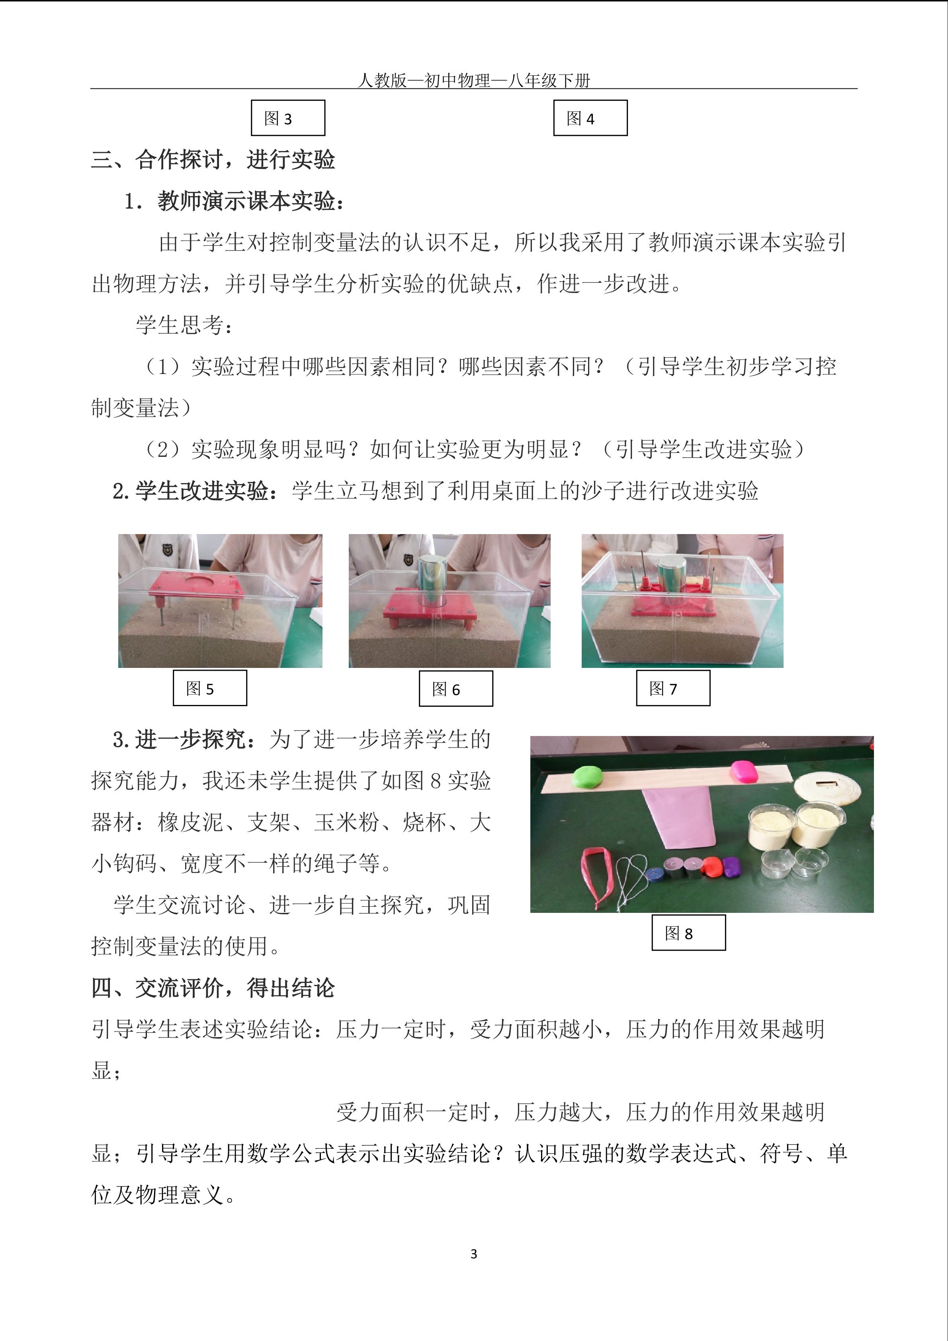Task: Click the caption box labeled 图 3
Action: (x=288, y=118)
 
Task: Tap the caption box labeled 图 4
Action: (x=590, y=118)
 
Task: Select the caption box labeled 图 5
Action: (x=209, y=688)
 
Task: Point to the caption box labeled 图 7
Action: (x=673, y=688)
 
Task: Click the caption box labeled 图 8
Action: (x=688, y=933)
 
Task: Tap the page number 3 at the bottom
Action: (x=473, y=1254)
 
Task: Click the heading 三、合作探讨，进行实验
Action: (x=213, y=159)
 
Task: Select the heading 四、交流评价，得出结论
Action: (x=213, y=988)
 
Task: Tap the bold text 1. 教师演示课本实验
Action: (x=234, y=201)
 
